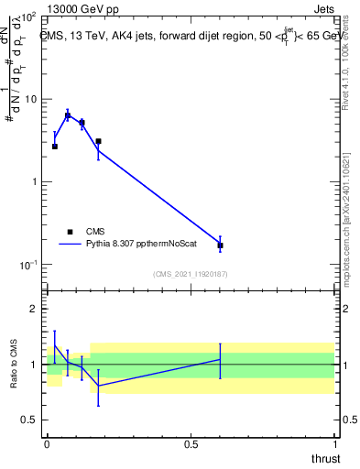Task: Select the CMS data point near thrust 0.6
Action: (220, 245)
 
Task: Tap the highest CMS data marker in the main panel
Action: (68, 116)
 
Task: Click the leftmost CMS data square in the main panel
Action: (55, 147)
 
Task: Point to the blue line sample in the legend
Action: (70, 244)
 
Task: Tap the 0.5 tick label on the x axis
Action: (191, 443)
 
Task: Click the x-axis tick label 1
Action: (334, 443)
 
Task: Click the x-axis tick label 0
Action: (48, 443)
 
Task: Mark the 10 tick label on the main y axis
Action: (29, 99)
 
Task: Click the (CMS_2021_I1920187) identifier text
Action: (191, 274)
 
